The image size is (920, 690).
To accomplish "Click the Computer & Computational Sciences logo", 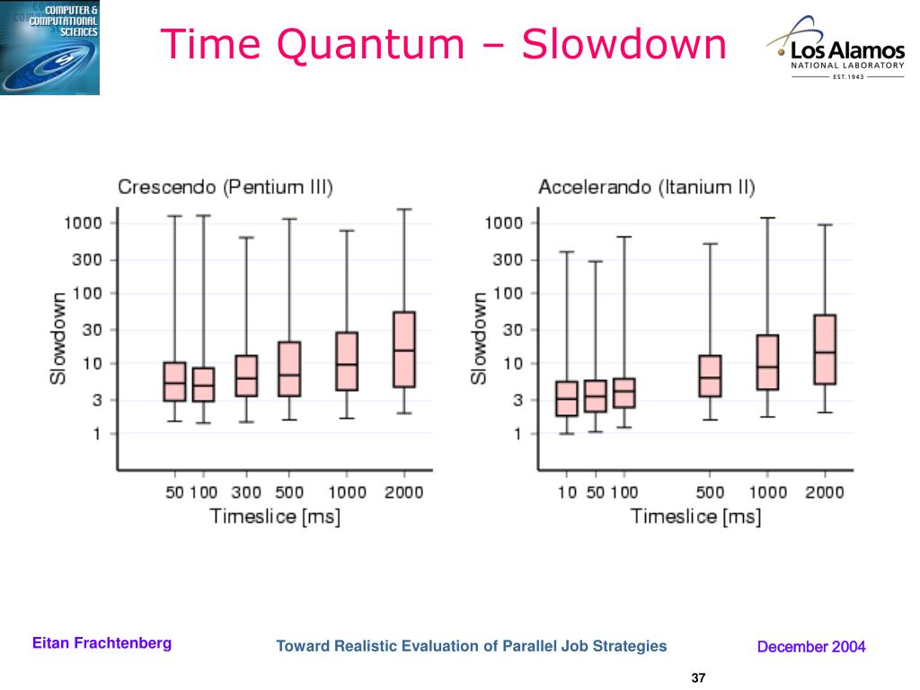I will tap(50, 48).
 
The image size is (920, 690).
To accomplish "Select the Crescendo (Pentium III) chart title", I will tap(226, 188).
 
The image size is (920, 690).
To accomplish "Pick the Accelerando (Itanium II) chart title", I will tap(646, 188).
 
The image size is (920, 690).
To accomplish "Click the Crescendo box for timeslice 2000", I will tap(404, 349).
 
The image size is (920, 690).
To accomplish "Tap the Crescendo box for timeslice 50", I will tap(174, 382).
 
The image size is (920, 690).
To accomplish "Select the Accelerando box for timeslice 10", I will tap(567, 398).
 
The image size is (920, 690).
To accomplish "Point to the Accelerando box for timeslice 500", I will tap(710, 376).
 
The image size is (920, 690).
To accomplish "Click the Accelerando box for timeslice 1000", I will tap(767, 362).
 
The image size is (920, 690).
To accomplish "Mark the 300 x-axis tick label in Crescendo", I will tap(246, 491).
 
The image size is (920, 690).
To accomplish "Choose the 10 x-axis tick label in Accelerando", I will tap(567, 491).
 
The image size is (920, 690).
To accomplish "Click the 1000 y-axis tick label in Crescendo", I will tap(83, 223).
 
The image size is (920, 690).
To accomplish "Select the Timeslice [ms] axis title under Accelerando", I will tap(694, 517).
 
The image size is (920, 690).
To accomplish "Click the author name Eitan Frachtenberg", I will tap(102, 643).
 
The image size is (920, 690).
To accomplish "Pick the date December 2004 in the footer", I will tap(811, 646).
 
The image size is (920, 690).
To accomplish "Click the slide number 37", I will tap(699, 677).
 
